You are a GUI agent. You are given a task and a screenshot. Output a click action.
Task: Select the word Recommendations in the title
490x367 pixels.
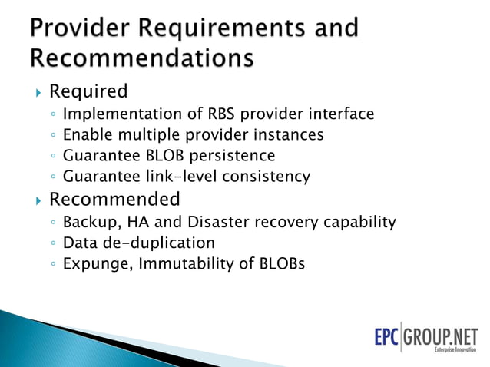pos(142,58)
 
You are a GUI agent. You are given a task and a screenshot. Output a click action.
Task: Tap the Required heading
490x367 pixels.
pos(88,91)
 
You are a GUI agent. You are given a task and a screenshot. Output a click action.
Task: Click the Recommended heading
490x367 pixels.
pos(114,200)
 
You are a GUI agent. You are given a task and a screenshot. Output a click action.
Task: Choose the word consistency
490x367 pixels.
pos(266,177)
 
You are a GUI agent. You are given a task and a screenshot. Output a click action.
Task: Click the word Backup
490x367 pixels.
pos(87,223)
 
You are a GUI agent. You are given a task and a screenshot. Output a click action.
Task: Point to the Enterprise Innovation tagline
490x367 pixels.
pos(455,350)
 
